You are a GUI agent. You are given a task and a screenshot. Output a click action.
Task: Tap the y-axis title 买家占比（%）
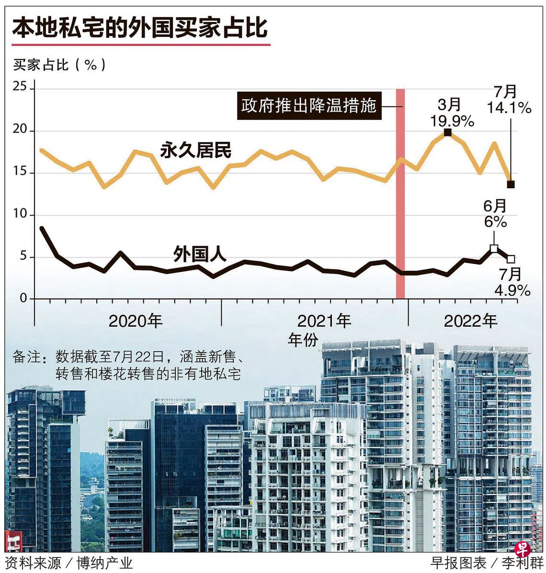(60, 65)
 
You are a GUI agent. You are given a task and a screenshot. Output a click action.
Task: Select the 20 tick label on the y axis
(20, 130)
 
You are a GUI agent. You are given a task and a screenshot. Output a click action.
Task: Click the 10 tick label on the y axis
(20, 214)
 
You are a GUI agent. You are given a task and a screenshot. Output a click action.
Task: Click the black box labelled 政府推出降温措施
(309, 105)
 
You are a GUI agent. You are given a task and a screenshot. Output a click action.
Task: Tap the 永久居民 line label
(195, 150)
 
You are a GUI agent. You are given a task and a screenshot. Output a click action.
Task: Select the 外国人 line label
(199, 254)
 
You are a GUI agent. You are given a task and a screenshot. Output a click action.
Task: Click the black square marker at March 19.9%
(448, 133)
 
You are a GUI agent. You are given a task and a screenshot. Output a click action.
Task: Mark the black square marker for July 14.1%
(511, 184)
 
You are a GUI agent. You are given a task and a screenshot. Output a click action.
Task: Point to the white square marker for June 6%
(494, 248)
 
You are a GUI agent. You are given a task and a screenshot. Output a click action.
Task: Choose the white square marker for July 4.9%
(511, 259)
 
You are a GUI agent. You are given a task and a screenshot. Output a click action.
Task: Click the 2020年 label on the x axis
(136, 321)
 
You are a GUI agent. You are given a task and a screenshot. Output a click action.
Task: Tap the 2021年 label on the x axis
(324, 321)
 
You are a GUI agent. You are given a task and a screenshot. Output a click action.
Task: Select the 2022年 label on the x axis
(471, 321)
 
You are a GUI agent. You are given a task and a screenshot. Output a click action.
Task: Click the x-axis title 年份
(303, 340)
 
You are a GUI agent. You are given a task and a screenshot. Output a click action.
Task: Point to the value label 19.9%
(452, 121)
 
